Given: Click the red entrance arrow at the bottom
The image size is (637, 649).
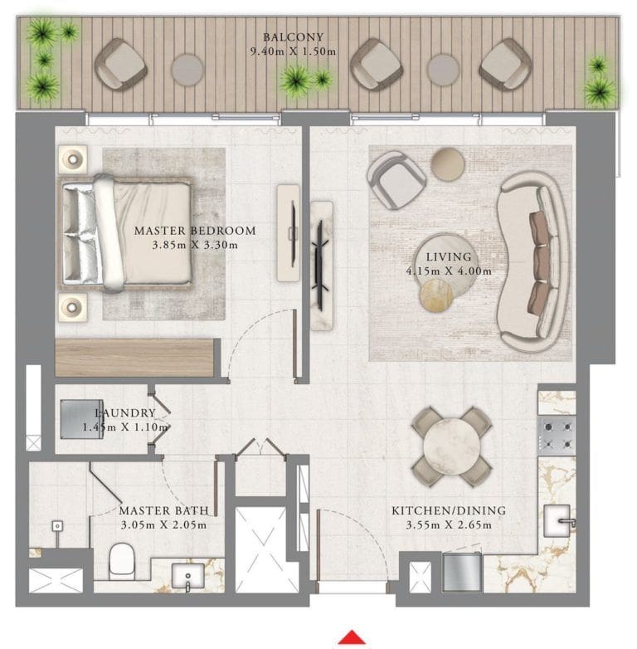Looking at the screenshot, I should (352, 637).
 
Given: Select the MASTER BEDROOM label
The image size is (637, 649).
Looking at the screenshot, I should (195, 231).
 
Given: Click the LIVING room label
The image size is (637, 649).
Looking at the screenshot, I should (449, 257).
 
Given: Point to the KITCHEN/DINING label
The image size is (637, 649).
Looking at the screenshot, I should (449, 510).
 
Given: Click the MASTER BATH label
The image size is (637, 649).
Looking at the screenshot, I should (163, 511).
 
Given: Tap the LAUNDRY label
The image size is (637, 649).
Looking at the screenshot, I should (124, 413).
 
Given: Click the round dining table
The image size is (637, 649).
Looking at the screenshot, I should (451, 446).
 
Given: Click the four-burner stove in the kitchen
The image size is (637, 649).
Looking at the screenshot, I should (557, 434).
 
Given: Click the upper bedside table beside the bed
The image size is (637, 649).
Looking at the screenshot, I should (73, 159).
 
